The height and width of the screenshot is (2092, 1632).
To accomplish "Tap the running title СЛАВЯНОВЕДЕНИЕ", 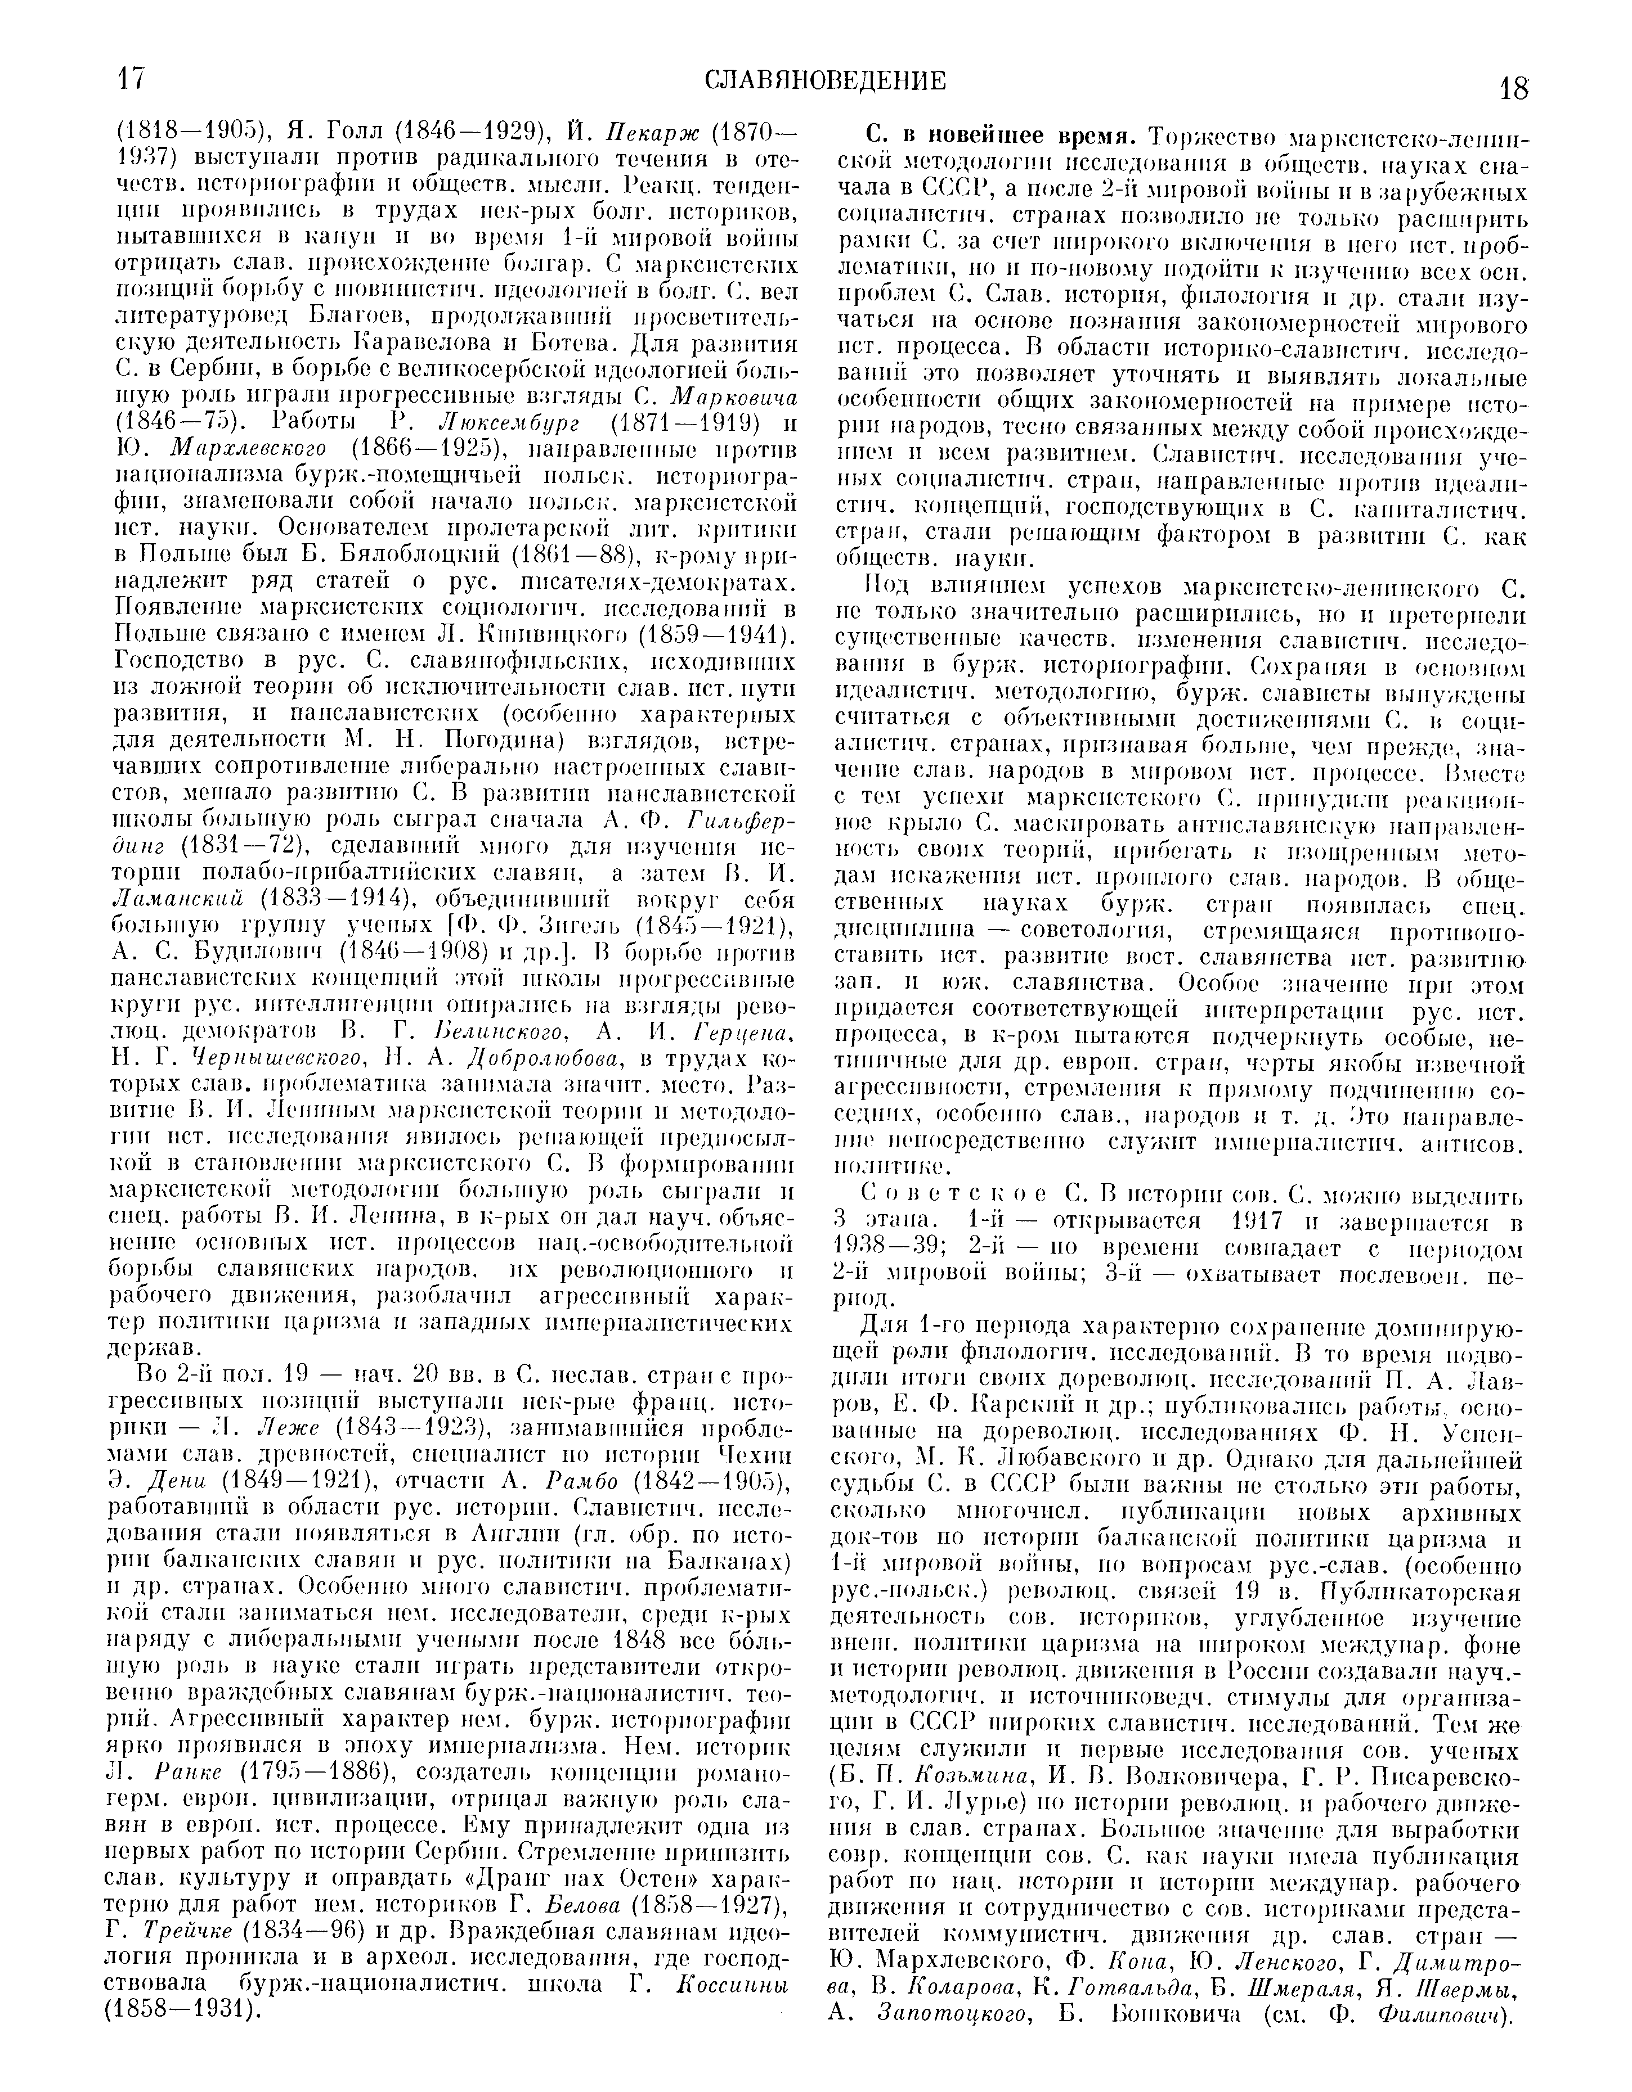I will tap(826, 82).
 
